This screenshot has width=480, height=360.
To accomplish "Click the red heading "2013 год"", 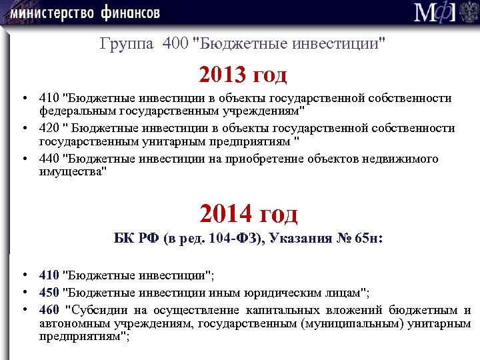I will [243, 74].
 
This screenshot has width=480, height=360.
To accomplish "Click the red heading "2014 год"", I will [249, 213].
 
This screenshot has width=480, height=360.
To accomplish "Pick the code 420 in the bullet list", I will [48, 128].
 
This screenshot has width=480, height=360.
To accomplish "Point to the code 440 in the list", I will [48, 158].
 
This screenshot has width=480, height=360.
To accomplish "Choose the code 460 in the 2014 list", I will [48, 310].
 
